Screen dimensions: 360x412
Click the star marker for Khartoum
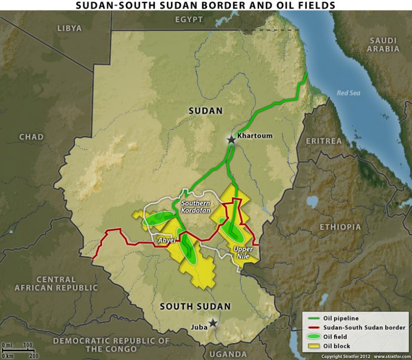(x=231, y=140)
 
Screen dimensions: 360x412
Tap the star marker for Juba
(x=212, y=323)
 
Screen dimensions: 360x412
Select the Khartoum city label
(x=255, y=136)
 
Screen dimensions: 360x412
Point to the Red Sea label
(x=348, y=93)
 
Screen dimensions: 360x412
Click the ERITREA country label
(x=323, y=141)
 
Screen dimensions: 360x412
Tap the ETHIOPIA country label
(x=341, y=227)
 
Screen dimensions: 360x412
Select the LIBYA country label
(x=69, y=28)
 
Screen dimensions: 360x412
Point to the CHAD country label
(x=32, y=137)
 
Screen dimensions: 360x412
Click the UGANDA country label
(x=228, y=354)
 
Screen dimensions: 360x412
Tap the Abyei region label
(x=167, y=240)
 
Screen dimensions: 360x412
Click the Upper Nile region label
(x=243, y=252)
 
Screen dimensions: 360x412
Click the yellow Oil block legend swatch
(x=313, y=346)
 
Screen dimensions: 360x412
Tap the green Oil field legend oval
(x=313, y=337)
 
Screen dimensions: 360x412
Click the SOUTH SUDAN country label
(x=195, y=306)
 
